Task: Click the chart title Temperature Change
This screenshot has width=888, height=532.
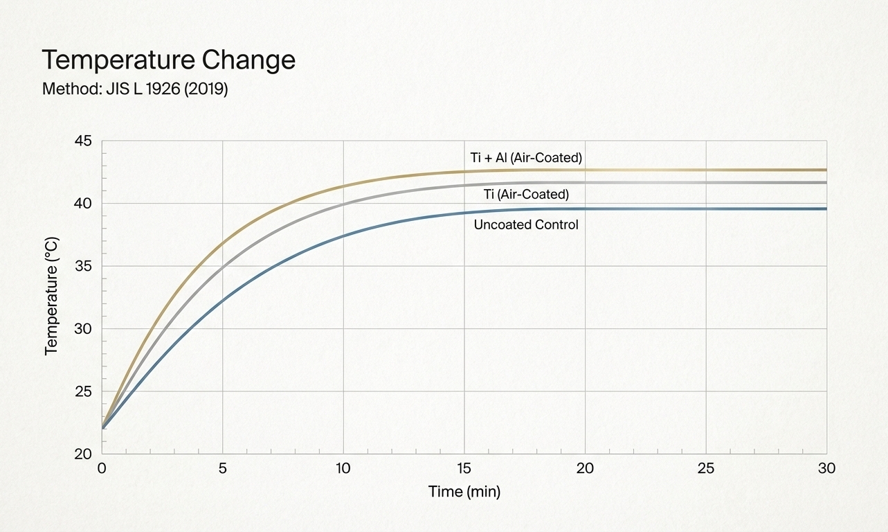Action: coord(168,61)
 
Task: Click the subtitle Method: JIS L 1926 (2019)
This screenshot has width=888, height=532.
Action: coord(135,89)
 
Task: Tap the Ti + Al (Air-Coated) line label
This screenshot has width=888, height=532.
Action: coord(526,158)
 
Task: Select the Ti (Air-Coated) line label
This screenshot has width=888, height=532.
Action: coord(526,195)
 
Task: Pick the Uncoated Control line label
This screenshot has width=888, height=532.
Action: coord(526,225)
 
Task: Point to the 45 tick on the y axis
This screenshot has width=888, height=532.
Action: coord(82,141)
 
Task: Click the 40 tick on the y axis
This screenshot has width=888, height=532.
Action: coord(82,204)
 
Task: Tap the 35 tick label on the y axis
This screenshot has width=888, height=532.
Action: coord(82,267)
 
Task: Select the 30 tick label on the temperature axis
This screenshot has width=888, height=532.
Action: coord(82,329)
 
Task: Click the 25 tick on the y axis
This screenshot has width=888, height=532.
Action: coord(82,391)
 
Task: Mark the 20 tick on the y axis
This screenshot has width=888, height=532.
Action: coord(82,454)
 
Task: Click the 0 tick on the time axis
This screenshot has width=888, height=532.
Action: coord(102,469)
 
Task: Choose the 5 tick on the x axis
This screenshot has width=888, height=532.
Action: coord(222,469)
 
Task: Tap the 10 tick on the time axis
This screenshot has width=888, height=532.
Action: coord(343,469)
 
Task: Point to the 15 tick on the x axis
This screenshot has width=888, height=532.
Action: coord(464,469)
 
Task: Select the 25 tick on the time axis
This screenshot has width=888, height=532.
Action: coord(705,469)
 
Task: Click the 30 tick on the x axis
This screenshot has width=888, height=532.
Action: coord(826,469)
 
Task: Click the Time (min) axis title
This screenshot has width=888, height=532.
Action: coord(464,493)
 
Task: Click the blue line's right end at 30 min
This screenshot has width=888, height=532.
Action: coord(825,209)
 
